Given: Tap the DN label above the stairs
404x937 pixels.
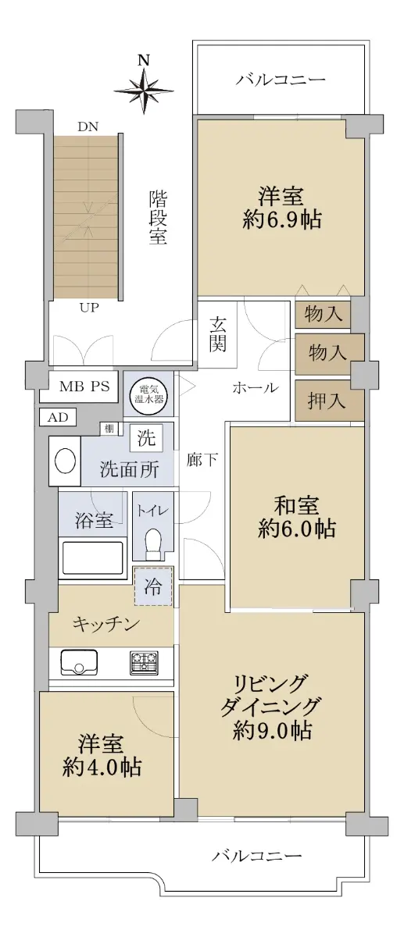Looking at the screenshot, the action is pyautogui.click(x=88, y=127).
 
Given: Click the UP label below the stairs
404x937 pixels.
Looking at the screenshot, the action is pyautogui.click(x=89, y=308).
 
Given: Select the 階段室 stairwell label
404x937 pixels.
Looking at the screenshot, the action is pyautogui.click(x=159, y=217).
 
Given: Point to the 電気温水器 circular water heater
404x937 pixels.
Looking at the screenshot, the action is pyautogui.click(x=148, y=394).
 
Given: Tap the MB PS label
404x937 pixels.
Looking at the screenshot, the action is pyautogui.click(x=84, y=386).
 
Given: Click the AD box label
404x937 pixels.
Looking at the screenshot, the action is pyautogui.click(x=58, y=417).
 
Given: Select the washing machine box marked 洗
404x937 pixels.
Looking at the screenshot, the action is pyautogui.click(x=146, y=438).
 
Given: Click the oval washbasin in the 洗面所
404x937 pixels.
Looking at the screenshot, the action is pyautogui.click(x=66, y=461).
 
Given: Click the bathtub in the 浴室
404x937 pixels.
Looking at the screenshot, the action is pyautogui.click(x=92, y=560).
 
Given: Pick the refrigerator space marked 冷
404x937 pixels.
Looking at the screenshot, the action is pyautogui.click(x=153, y=586).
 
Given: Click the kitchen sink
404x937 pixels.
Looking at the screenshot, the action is pyautogui.click(x=79, y=663).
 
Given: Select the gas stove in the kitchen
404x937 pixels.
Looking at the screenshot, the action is pyautogui.click(x=144, y=663).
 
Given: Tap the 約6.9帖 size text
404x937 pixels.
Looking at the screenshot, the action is pyautogui.click(x=282, y=219).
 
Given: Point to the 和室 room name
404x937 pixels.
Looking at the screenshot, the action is pyautogui.click(x=296, y=506).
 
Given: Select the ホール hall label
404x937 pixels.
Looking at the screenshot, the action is pyautogui.click(x=256, y=388).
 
